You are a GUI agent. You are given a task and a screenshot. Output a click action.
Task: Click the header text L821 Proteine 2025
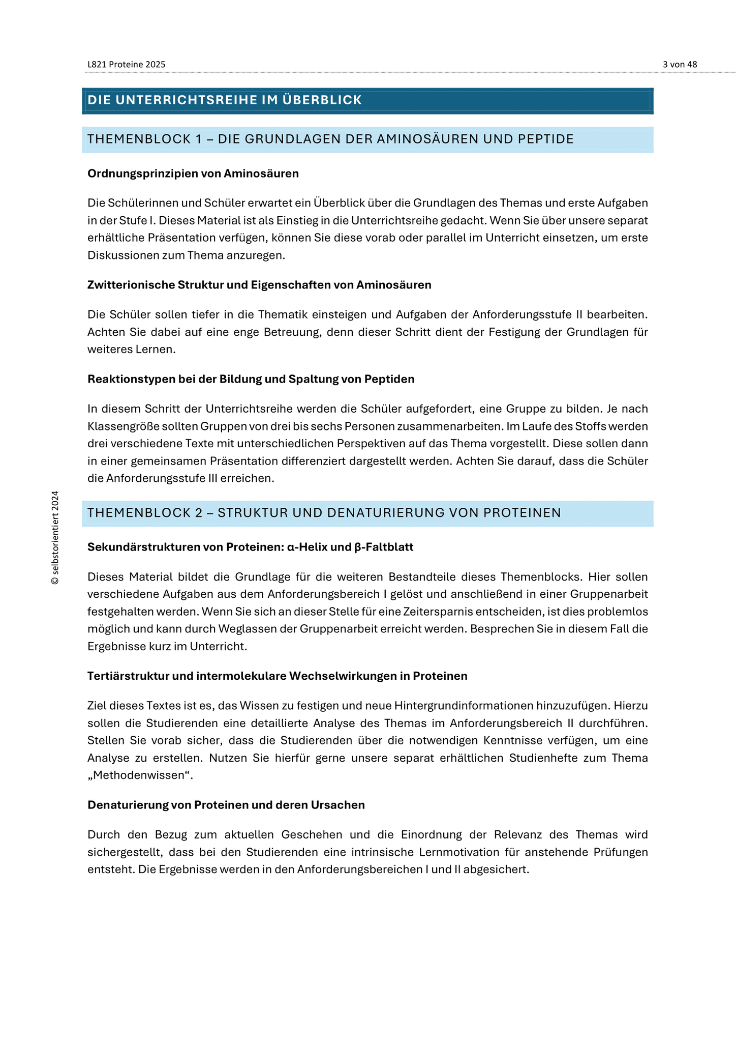tap(126, 65)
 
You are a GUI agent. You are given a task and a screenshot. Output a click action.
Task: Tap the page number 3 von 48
tap(680, 65)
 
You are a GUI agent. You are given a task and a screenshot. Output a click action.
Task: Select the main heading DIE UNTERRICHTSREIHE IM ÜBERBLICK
tap(225, 100)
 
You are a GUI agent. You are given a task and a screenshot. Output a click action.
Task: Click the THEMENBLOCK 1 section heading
tap(330, 139)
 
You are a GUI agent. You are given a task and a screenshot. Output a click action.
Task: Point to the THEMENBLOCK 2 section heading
tap(324, 513)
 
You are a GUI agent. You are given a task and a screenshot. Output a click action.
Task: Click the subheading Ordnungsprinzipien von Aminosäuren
tap(193, 173)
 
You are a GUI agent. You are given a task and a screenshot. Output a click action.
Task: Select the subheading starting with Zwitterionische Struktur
tap(259, 285)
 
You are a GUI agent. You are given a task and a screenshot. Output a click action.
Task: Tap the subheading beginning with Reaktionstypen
tap(251, 379)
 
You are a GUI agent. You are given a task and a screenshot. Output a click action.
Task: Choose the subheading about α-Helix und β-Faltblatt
tap(250, 547)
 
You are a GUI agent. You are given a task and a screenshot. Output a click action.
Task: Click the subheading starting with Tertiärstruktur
tap(277, 676)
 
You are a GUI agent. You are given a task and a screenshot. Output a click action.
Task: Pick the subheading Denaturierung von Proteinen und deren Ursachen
tap(226, 805)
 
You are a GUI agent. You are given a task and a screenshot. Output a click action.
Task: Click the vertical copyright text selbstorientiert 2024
tap(55, 537)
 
